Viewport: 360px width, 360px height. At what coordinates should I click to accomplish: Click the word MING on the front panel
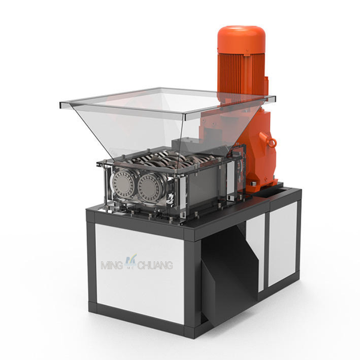coord(112,265)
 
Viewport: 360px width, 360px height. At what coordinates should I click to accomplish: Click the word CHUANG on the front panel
coord(155,265)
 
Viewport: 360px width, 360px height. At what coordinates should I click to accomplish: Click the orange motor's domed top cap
coord(242,40)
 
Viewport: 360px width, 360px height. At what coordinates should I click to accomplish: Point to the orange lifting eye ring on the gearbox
coord(272,143)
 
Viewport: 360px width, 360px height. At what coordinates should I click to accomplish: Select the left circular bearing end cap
coord(123,183)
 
